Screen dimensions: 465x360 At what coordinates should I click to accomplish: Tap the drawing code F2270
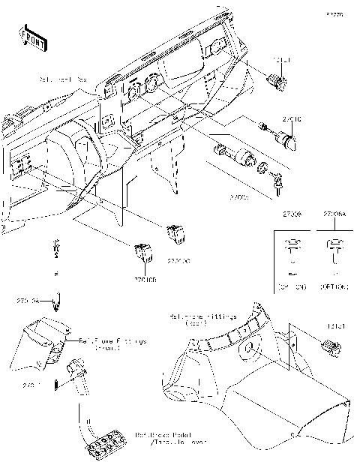click(x=335, y=14)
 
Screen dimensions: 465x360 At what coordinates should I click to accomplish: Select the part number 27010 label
click(x=292, y=119)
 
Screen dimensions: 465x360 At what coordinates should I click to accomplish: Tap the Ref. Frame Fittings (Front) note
click(x=113, y=343)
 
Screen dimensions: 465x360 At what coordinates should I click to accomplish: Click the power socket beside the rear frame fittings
click(x=329, y=346)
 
